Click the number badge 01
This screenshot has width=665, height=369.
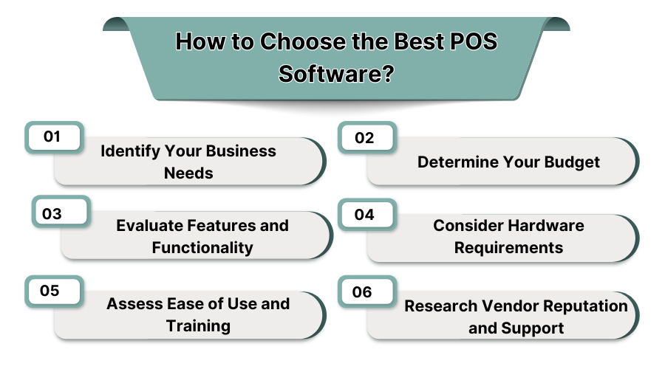pyautogui.click(x=52, y=137)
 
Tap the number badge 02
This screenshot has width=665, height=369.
pyautogui.click(x=365, y=138)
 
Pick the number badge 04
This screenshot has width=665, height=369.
pyautogui.click(x=365, y=215)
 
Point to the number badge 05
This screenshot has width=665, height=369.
pyautogui.click(x=50, y=291)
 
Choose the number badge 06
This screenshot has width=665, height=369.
pyautogui.click(x=362, y=292)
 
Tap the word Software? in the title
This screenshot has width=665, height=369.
pyautogui.click(x=335, y=75)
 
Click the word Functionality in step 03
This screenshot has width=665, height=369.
pyautogui.click(x=202, y=247)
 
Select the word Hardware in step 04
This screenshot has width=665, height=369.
pyautogui.click(x=546, y=225)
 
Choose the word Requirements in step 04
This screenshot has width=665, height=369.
pyautogui.click(x=508, y=247)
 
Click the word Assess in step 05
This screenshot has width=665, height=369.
pyautogui.click(x=132, y=303)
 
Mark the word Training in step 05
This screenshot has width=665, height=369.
pyautogui.click(x=198, y=325)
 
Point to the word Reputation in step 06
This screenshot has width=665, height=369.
pyautogui.click(x=584, y=306)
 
